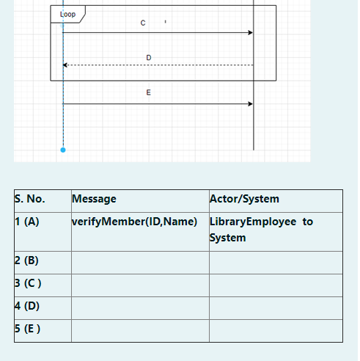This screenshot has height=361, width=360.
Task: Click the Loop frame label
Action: tap(67, 14)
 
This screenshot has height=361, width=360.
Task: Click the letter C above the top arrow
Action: tap(143, 23)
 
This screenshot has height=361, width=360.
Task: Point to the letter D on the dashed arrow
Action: tap(149, 57)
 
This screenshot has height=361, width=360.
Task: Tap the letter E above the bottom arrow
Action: tap(149, 92)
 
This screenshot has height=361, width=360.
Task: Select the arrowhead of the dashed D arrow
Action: tap(65, 65)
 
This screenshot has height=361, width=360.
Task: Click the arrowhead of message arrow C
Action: tap(250, 32)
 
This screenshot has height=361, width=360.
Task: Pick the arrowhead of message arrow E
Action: tap(250, 103)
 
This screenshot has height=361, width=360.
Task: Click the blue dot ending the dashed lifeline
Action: tap(63, 150)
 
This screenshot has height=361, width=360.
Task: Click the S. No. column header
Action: tap(30, 199)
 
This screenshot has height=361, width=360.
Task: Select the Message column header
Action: tap(94, 199)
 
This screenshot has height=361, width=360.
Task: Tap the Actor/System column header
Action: tap(244, 199)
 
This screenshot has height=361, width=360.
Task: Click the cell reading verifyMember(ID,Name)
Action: tap(135, 222)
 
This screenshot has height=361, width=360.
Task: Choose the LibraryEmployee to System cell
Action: tap(261, 230)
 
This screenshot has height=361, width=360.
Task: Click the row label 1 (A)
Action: tap(27, 222)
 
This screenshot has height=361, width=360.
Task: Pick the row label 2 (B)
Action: tap(27, 260)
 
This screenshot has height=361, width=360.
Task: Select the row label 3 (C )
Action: tap(28, 283)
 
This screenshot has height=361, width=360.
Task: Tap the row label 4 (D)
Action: tap(27, 306)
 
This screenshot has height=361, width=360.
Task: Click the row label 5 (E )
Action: tap(28, 329)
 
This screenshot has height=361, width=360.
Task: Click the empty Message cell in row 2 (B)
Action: tap(140, 262)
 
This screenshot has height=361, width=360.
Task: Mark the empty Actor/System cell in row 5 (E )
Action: tap(276, 330)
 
